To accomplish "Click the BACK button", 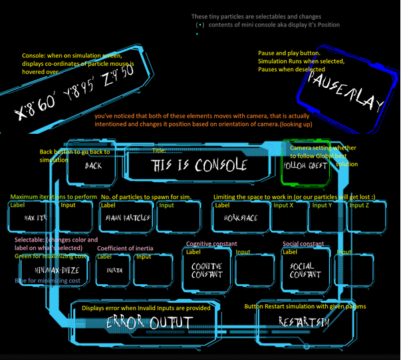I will (x=93, y=165).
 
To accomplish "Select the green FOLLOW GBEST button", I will (x=305, y=165).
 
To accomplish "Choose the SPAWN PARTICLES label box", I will (x=127, y=218).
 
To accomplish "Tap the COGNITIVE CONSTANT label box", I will (x=207, y=270).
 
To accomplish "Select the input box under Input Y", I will (x=328, y=217).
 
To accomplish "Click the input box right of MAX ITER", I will (x=74, y=217).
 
